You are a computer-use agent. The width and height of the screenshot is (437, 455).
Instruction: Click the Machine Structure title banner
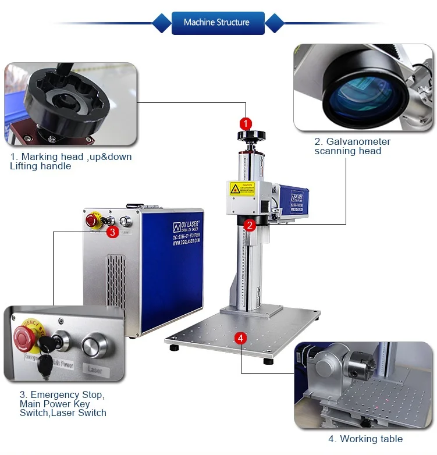pos(218,23)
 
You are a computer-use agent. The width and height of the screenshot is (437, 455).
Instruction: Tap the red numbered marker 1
pos(246,123)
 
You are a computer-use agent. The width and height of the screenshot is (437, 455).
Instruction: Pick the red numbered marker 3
pos(113,232)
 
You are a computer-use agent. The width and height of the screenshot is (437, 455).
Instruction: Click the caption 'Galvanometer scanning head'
pos(352,146)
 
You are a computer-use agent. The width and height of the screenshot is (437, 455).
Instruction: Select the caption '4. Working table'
pos(365,439)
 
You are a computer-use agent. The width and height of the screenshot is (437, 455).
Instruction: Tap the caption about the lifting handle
pos(70,161)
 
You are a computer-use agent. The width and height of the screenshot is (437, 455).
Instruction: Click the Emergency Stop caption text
pos(62,403)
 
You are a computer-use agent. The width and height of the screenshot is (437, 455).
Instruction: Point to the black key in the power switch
pos(45,364)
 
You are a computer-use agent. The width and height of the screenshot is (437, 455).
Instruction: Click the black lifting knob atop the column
pos(251,136)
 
